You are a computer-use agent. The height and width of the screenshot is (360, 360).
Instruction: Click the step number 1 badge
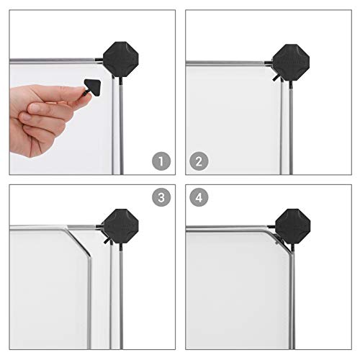tap(161, 161)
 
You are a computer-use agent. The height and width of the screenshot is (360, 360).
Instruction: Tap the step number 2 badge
tap(199, 161)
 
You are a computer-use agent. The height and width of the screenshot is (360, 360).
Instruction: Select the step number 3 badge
tap(161, 197)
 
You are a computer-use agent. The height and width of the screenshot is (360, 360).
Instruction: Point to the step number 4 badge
tap(199, 197)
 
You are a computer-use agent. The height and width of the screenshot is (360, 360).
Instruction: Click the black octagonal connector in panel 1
tap(121, 59)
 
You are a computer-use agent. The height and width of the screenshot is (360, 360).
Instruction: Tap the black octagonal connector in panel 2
tap(291, 63)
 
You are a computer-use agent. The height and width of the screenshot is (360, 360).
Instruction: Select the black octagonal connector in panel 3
tap(121, 226)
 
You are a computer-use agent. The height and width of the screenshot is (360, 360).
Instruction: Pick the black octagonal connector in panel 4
tap(293, 226)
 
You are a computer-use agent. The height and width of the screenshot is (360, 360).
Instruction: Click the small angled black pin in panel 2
tap(276, 78)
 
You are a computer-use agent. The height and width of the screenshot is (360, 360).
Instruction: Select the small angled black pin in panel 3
tap(107, 240)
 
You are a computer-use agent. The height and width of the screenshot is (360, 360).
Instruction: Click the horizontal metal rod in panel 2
tap(225, 63)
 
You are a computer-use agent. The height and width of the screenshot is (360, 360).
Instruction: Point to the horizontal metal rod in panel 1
tap(53, 60)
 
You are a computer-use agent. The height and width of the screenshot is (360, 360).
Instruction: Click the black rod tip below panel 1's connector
tap(121, 81)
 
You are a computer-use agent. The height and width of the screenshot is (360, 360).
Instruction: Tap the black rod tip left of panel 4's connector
tap(271, 227)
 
